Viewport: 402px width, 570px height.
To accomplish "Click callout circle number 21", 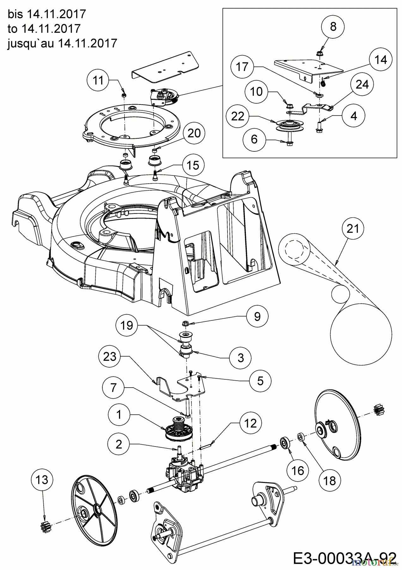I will click(x=353, y=228).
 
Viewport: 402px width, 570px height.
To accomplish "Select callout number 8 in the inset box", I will click(x=333, y=27).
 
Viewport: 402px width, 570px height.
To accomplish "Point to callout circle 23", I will click(x=110, y=357).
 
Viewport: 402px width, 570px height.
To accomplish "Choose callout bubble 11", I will click(x=98, y=80).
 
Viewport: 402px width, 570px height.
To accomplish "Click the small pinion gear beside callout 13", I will click(x=44, y=510).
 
